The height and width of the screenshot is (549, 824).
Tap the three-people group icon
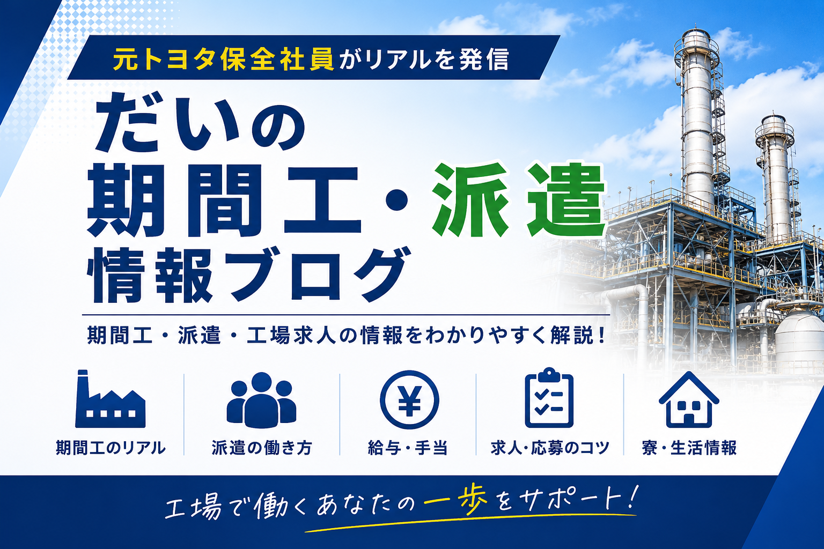point(261,400)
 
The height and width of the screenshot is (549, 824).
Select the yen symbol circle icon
point(409,400)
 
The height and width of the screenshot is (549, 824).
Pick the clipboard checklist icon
point(549,398)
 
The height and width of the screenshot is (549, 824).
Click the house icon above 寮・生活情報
point(689,400)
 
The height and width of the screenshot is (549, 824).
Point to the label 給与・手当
point(408,448)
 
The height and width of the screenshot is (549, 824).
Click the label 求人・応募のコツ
point(550,448)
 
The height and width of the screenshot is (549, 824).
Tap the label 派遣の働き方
point(262,448)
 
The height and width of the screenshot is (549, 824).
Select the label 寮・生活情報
point(689,448)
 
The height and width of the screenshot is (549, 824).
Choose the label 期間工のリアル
point(111,448)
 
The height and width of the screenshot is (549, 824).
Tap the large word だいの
point(200,122)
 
